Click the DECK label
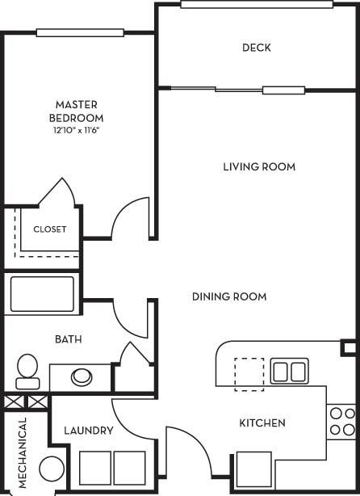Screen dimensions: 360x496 (x=257, y=48)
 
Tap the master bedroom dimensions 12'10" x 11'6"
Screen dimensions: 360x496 (x=76, y=130)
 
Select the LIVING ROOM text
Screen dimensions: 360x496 (x=259, y=166)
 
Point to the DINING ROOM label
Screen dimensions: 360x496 (x=229, y=296)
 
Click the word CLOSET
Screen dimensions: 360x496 (x=49, y=229)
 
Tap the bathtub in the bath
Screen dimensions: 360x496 (x=42, y=294)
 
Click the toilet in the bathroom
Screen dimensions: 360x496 (x=27, y=372)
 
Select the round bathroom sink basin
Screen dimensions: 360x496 (x=82, y=376)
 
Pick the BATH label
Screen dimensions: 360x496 (x=69, y=339)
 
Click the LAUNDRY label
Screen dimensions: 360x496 (x=89, y=431)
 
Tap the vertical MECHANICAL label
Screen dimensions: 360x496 (x=22, y=452)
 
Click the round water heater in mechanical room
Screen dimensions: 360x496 (x=52, y=469)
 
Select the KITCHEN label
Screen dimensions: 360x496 (x=262, y=423)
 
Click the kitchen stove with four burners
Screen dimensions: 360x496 (x=342, y=422)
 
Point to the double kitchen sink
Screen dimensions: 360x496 (x=289, y=371)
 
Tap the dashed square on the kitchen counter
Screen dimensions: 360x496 (x=249, y=374)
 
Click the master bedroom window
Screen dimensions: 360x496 (x=80, y=32)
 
